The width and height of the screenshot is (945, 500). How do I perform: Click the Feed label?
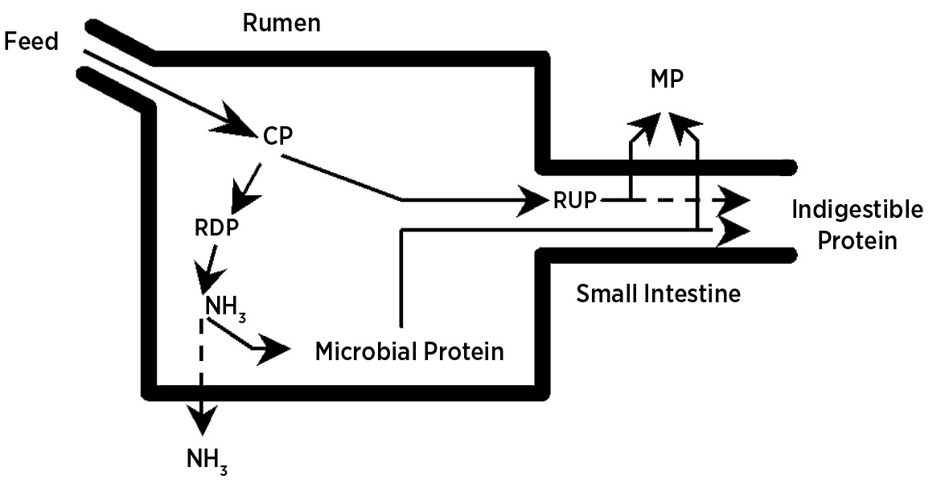[x=31, y=42]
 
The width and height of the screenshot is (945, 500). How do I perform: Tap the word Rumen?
[x=281, y=23]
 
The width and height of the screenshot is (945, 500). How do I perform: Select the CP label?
[x=277, y=137]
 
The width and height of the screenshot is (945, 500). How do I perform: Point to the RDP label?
[x=216, y=227]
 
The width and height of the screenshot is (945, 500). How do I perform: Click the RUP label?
[x=574, y=199]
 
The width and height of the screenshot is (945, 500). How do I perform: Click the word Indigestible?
[x=857, y=211]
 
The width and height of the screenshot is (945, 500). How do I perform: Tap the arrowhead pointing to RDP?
[x=242, y=192]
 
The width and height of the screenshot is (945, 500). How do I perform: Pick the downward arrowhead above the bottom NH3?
[x=201, y=419]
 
